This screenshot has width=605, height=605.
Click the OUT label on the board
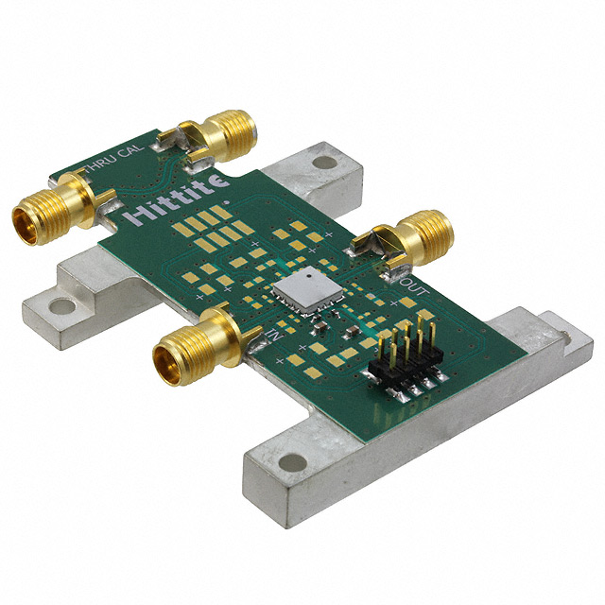(414, 286)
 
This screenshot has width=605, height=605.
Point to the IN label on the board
(275, 334)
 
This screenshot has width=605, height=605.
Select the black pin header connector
(406, 360)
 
